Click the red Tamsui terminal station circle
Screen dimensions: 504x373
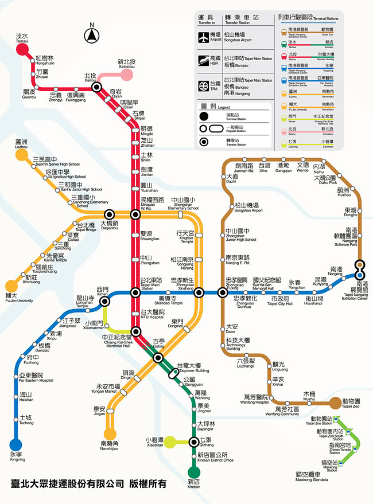coord(22,49)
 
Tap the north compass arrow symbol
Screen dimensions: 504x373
coord(91,36)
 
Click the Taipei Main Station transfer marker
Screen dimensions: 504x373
coord(136,292)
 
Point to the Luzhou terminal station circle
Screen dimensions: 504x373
coord(21,154)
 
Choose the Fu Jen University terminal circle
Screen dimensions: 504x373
coord(11,285)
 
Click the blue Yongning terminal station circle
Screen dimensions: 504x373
coord(15,444)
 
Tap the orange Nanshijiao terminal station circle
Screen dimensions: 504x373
coord(110,434)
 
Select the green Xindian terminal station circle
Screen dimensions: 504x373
coord(195,472)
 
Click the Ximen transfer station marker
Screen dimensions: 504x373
coord(104,301)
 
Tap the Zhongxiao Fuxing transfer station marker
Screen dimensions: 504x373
coord(223,292)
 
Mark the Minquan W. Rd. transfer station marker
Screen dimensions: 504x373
coord(136,214)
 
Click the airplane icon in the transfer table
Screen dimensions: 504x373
coord(204,38)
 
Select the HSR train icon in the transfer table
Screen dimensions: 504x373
coord(204,61)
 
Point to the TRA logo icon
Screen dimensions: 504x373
coord(204,85)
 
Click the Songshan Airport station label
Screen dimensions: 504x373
coord(247,207)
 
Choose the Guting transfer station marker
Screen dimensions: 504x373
coord(159,358)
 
